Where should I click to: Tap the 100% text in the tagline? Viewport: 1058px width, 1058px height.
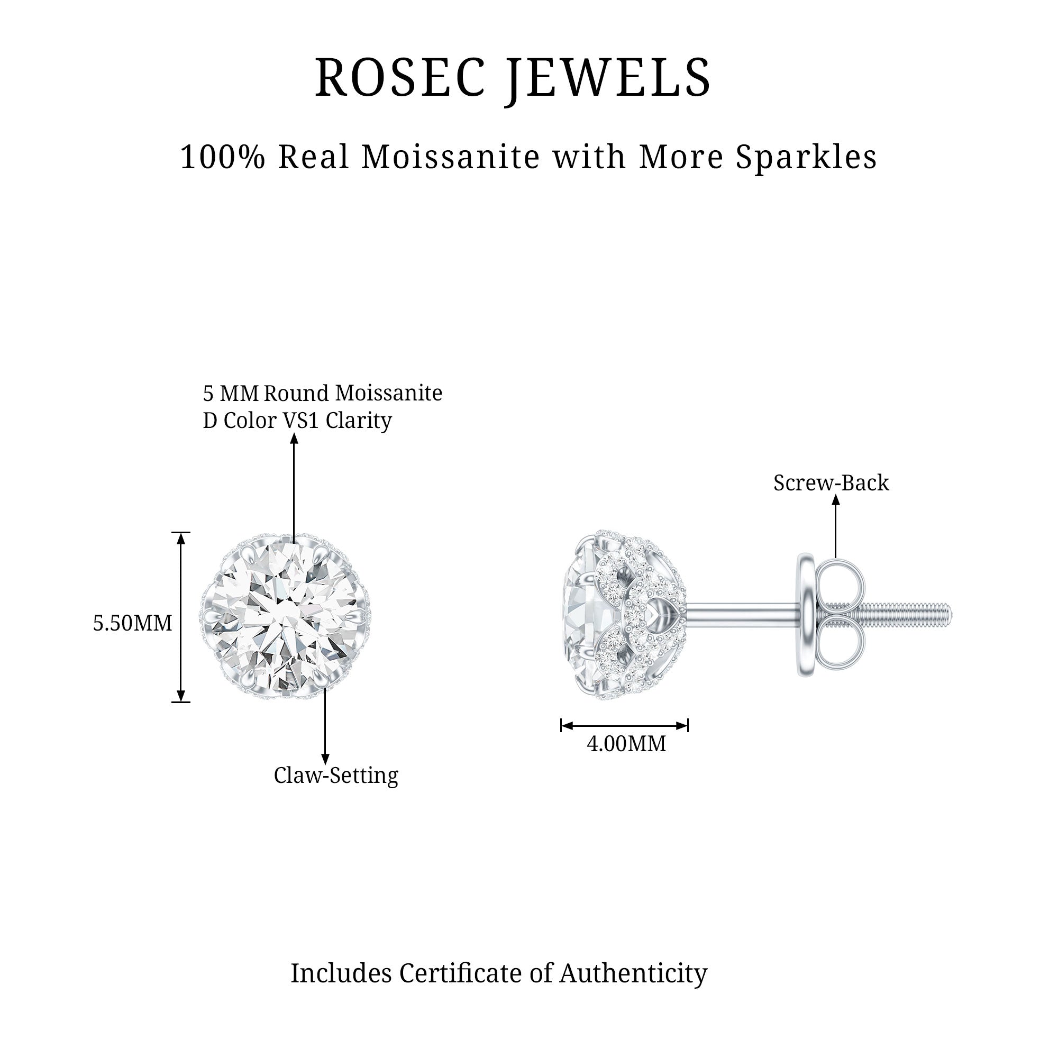tap(222, 157)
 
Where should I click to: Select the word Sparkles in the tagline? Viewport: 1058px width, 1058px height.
tap(806, 157)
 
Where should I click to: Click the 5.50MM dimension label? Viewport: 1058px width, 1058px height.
tap(133, 623)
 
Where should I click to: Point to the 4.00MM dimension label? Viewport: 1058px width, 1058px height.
tap(626, 744)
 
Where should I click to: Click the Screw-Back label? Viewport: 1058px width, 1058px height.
tap(831, 483)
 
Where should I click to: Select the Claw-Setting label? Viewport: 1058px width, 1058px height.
tap(336, 776)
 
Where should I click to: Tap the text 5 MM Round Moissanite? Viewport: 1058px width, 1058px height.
tap(323, 393)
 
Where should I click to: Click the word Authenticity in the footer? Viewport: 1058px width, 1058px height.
tap(633, 973)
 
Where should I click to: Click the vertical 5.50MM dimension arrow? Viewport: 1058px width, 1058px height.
tap(181, 617)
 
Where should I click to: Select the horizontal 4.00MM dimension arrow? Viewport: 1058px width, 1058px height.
tap(624, 726)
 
